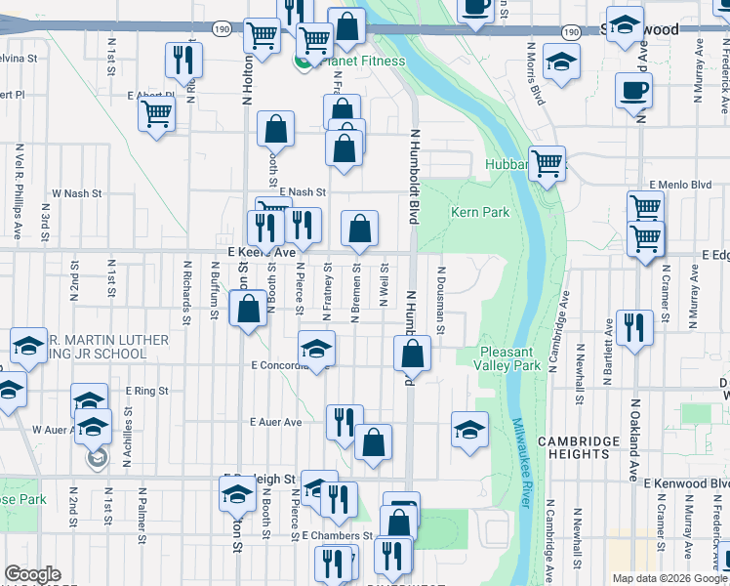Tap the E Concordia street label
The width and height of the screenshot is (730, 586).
[x=279, y=365]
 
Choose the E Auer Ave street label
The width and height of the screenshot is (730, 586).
[x=276, y=422]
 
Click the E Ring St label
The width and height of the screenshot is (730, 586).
[x=147, y=390]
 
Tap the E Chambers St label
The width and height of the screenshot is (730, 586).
[x=338, y=536]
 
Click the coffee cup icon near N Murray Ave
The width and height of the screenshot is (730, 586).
[x=633, y=92]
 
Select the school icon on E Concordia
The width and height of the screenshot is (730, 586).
[x=316, y=349]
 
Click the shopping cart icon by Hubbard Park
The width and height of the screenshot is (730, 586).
[x=547, y=163]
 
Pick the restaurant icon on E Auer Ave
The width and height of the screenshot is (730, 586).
[x=344, y=423]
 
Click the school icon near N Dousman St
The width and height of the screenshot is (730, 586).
[x=468, y=429]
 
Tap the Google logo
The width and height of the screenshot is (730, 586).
[x=32, y=574]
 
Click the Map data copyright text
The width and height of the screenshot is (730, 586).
[x=669, y=578]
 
